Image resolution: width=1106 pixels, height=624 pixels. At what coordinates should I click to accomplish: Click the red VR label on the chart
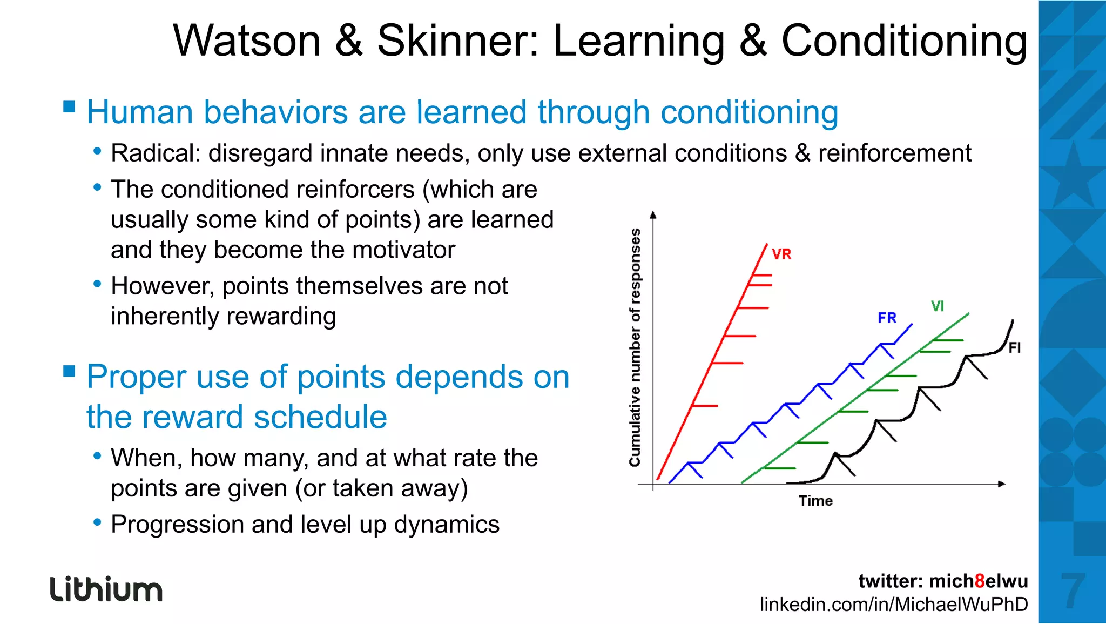[x=781, y=254]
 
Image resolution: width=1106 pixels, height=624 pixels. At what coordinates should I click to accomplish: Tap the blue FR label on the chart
[x=887, y=318]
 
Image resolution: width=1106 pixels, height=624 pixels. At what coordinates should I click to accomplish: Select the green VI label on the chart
[x=938, y=306]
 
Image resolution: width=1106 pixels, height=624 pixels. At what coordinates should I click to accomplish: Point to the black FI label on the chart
[x=1015, y=348]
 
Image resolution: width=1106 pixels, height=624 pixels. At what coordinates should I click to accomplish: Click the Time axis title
[x=815, y=501]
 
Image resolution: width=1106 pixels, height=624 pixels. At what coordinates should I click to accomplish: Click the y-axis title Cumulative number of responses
[x=635, y=347]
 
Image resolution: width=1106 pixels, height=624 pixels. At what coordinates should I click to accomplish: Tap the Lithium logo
[x=106, y=589]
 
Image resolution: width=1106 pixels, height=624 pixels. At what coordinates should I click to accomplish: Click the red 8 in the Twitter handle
[x=980, y=581]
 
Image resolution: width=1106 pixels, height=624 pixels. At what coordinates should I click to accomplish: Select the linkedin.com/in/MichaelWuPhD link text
[x=894, y=604]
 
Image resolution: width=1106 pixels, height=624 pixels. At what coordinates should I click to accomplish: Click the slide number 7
[x=1073, y=591]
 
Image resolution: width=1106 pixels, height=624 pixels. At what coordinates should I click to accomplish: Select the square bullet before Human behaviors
[x=69, y=106]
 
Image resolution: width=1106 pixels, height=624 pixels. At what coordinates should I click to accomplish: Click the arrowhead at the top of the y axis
[x=653, y=215]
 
